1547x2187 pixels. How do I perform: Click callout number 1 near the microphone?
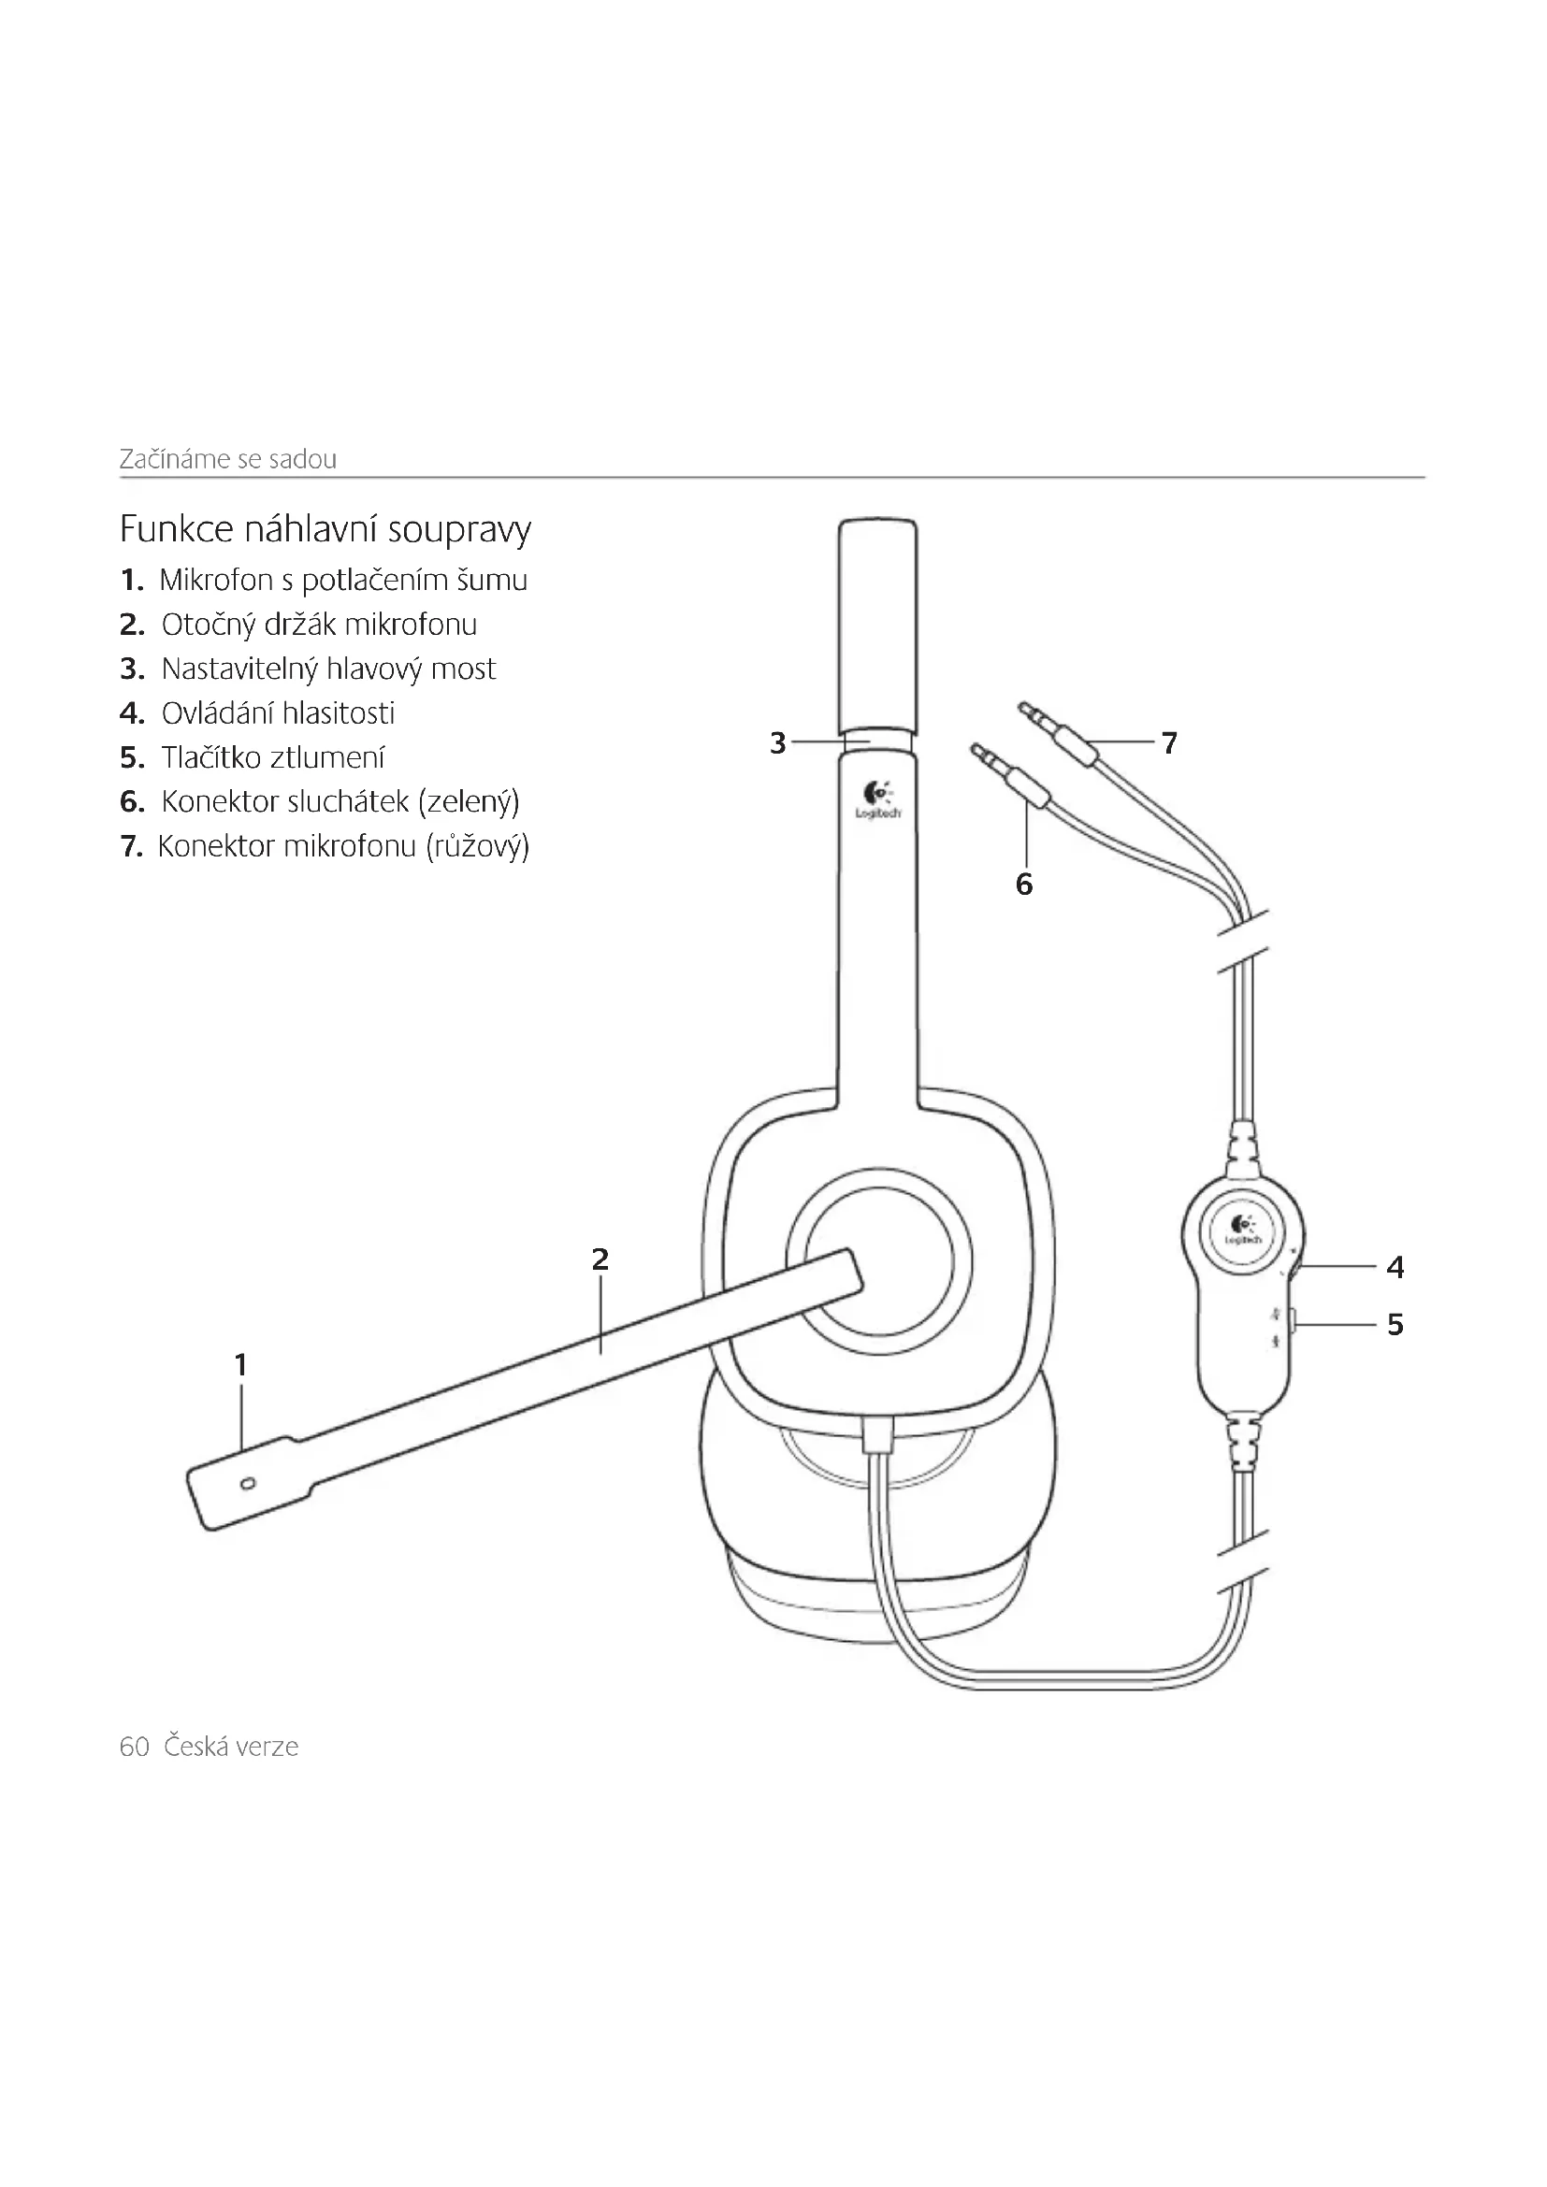pyautogui.click(x=241, y=1365)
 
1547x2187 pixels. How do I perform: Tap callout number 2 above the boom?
pyautogui.click(x=600, y=1259)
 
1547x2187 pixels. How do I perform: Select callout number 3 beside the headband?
pyautogui.click(x=777, y=743)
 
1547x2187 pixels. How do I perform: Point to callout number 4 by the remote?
pyautogui.click(x=1395, y=1267)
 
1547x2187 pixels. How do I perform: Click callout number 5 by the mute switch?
pyautogui.click(x=1395, y=1324)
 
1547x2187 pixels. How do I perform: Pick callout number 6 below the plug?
pyautogui.click(x=1024, y=885)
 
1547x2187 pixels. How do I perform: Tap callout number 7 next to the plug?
pyautogui.click(x=1170, y=742)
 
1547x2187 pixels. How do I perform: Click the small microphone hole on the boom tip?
pyautogui.click(x=248, y=1483)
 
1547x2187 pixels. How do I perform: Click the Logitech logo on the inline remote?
pyautogui.click(x=1242, y=1230)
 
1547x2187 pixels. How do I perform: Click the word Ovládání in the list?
pyautogui.click(x=217, y=713)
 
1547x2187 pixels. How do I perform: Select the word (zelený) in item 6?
pyautogui.click(x=469, y=802)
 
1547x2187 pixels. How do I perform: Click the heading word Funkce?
pyautogui.click(x=176, y=528)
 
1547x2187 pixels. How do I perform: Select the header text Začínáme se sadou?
pyautogui.click(x=227, y=459)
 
